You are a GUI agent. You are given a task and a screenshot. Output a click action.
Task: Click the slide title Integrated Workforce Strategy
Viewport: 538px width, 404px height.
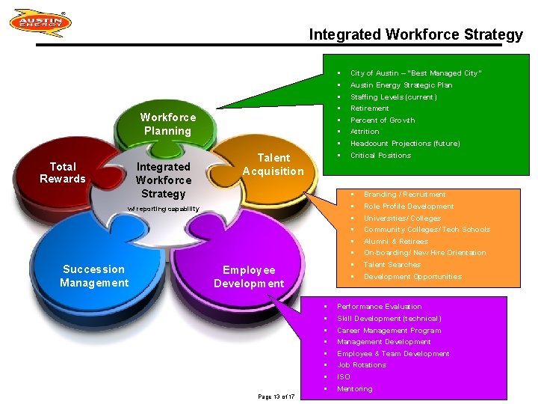[x=415, y=34]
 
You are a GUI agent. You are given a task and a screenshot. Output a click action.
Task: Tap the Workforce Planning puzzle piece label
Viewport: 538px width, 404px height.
[x=167, y=123]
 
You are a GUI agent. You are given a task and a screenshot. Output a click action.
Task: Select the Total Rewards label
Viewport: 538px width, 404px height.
[x=63, y=173]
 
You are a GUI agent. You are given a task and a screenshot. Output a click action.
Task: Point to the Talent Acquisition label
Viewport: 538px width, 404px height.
[x=273, y=165]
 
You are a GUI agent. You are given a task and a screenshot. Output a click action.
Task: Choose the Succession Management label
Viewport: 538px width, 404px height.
[x=94, y=276]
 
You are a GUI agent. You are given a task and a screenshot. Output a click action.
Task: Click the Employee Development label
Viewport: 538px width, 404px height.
[x=249, y=277]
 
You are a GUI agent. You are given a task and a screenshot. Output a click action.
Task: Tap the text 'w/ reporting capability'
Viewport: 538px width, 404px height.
[x=163, y=209]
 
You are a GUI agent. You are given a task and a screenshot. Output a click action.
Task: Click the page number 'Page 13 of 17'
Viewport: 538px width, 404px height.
[x=276, y=396]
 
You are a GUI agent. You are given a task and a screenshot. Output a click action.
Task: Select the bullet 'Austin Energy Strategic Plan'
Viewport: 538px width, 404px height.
[x=401, y=85]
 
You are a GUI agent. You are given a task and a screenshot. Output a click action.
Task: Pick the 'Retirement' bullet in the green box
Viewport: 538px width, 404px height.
[x=369, y=108]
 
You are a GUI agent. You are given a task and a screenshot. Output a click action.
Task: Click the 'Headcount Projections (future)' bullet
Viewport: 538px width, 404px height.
[x=405, y=144]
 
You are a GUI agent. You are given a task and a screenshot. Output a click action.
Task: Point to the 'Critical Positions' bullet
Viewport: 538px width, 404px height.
[x=380, y=156]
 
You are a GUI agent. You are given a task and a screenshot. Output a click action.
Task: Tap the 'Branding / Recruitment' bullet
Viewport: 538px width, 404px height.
[x=404, y=195]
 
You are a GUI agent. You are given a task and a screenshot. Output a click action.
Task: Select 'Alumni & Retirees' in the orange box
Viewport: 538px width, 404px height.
[x=395, y=242]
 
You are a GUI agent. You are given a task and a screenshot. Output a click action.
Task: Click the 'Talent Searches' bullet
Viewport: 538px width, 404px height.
[x=392, y=265]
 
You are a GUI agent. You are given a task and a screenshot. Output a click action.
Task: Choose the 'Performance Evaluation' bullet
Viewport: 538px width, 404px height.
[x=379, y=307]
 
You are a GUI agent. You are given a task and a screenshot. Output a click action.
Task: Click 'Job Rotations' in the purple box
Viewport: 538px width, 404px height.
[x=362, y=365]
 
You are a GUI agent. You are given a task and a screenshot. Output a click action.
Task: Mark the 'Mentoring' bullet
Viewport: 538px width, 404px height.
[x=354, y=389]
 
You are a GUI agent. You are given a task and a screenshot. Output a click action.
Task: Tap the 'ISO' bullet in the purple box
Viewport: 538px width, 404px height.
[x=344, y=377]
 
